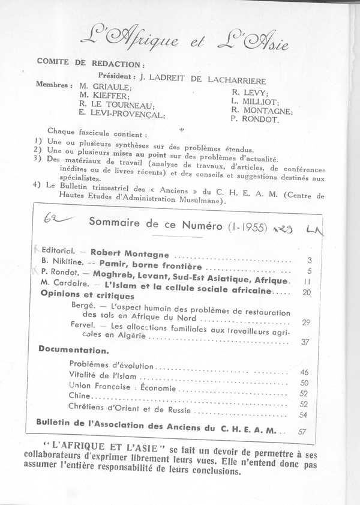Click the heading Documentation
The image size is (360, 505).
click(x=66, y=349)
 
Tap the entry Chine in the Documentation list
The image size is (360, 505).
click(x=80, y=396)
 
